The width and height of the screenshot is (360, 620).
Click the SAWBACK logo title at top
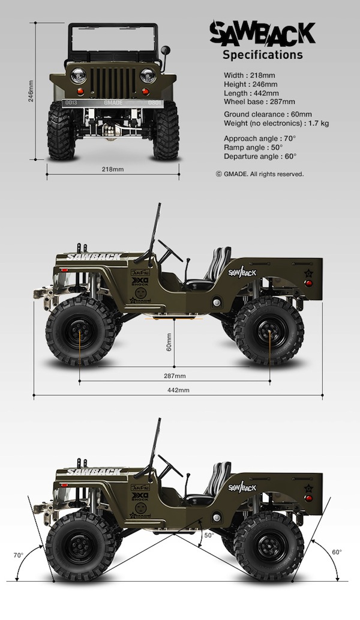262,34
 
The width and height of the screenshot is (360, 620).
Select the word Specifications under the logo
262,55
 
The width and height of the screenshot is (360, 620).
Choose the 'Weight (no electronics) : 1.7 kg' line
276,123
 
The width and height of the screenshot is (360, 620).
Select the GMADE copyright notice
259,174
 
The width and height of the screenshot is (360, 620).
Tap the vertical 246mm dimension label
31,91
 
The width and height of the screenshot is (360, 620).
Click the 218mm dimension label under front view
113,170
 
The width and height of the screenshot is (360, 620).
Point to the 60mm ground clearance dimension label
169,347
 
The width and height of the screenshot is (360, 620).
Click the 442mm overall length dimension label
178,390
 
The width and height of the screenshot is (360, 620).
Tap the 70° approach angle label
18,555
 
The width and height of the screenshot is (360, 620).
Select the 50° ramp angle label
209,535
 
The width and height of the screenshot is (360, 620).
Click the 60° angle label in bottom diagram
337,552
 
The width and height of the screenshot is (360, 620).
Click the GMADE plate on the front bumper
113,103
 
